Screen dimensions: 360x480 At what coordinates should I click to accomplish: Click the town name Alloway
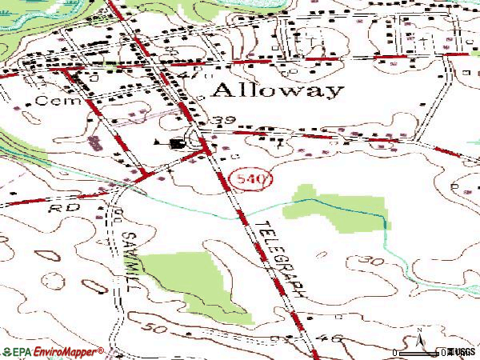[x=278, y=89]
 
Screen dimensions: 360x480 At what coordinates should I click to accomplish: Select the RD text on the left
[x=56, y=206]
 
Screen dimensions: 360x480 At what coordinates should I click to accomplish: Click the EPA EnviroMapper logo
[x=52, y=351]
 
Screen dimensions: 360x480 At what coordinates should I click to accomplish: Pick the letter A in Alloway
[x=222, y=88]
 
